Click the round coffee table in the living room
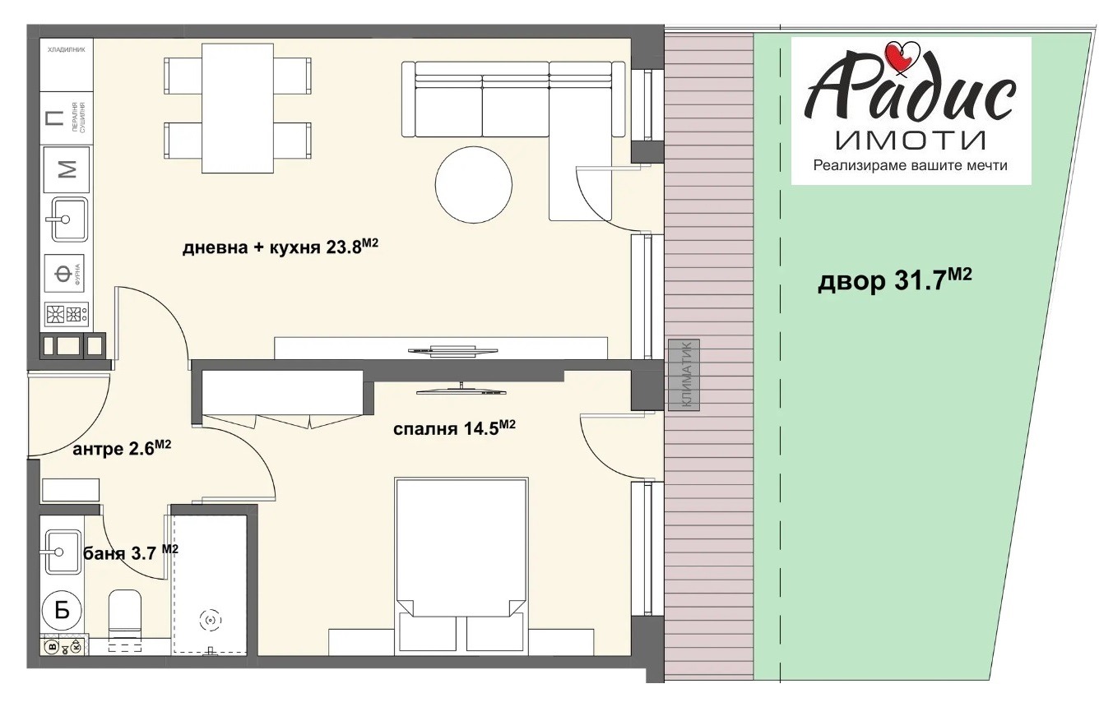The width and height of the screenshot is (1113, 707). (473, 184)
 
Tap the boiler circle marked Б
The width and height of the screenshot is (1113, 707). (61, 610)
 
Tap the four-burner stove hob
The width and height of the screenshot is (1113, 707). (66, 316)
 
